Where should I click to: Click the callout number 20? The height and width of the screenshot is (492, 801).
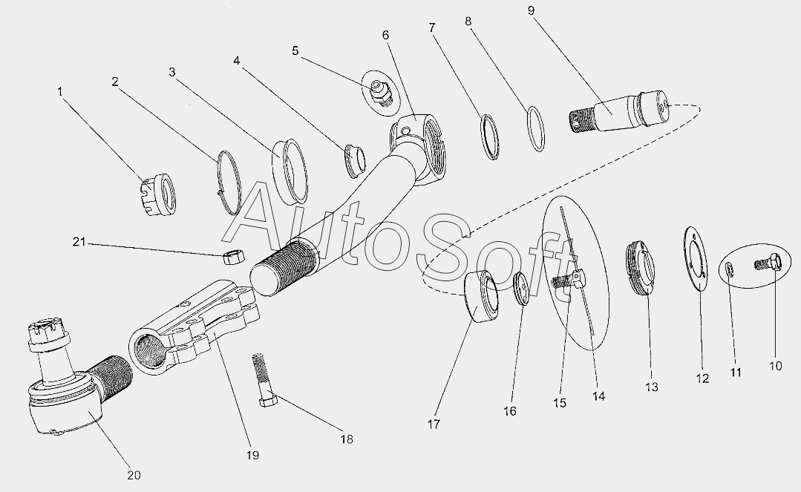[x=134, y=475]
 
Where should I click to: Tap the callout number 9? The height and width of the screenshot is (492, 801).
[x=531, y=10]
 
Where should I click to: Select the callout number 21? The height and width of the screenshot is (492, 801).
[x=79, y=242]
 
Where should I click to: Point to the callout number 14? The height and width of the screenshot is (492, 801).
[x=598, y=396]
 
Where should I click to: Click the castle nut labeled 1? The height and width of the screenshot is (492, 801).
[x=159, y=194]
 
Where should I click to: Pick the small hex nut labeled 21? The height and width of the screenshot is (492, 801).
[x=235, y=257]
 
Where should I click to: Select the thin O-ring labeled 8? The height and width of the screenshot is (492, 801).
[x=536, y=128]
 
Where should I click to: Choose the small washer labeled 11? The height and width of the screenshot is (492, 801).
[x=730, y=269]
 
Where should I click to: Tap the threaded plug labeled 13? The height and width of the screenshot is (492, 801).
[x=641, y=269]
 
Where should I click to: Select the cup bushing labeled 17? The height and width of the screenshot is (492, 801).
[x=482, y=297]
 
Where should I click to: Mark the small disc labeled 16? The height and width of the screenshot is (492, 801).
[x=520, y=289]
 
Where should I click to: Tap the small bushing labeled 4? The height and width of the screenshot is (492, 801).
[x=356, y=161]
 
